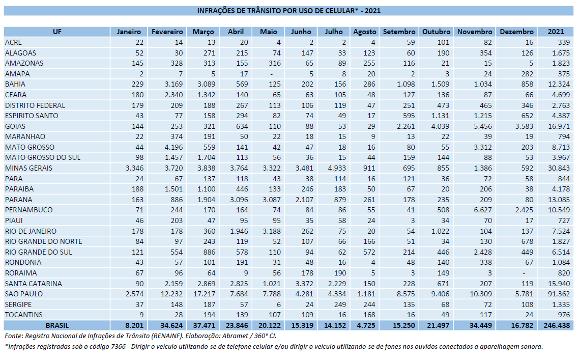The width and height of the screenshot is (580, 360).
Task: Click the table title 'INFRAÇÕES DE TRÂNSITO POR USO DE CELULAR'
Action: tap(277, 11)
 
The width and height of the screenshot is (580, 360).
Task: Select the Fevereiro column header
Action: tap(167, 32)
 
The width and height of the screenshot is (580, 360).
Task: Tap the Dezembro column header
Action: tap(516, 32)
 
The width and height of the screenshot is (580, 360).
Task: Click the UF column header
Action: tap(57, 32)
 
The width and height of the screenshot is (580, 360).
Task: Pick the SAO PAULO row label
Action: tap(24, 294)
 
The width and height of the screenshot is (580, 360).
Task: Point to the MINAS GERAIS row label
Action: tap(28, 168)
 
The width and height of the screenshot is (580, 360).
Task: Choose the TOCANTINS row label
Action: tap(24, 315)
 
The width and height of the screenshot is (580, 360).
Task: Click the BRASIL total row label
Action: tap(57, 325)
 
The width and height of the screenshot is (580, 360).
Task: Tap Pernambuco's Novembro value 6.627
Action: tap(483, 210)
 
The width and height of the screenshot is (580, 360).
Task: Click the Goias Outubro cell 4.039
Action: tap(440, 126)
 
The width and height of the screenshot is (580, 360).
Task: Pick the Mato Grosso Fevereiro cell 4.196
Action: tap(173, 147)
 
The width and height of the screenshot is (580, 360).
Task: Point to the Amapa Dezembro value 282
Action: tap(527, 74)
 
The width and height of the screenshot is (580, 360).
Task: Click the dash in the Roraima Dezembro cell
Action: tap(532, 273)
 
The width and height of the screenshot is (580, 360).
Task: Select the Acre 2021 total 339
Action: tap(564, 43)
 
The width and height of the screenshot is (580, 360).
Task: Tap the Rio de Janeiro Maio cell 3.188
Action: tap(272, 231)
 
